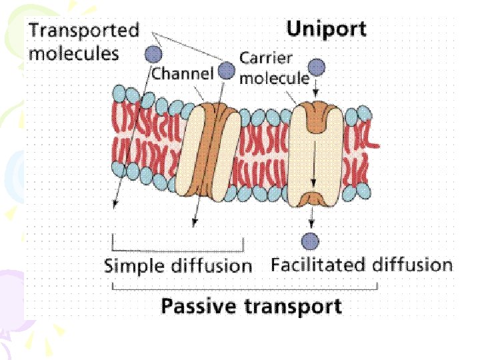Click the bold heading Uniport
326,29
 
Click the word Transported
84,31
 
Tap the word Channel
183,73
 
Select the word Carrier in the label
266,58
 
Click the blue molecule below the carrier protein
310,241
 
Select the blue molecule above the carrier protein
317,67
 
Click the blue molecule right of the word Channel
227,71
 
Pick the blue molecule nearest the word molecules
153,55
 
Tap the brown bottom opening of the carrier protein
311,199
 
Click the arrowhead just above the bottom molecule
311,225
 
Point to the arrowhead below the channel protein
194,223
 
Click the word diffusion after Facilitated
412,265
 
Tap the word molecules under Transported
74,54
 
